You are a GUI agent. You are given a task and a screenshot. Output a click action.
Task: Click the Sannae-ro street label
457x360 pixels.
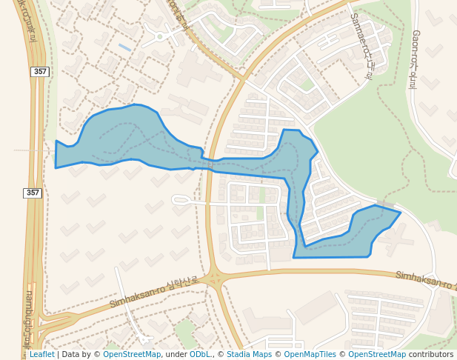pos(362,45)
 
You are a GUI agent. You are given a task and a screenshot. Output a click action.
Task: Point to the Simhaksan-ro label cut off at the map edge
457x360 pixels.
pos(425,279)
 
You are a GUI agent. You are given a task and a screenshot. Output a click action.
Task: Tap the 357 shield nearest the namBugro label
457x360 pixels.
pos(33,193)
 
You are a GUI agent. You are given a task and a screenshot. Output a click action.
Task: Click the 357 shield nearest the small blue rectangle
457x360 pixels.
pos(40,71)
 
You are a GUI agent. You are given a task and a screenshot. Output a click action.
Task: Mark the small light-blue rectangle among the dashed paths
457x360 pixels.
pos(125,47)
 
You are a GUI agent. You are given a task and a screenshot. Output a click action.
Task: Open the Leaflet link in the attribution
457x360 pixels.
pos(41,354)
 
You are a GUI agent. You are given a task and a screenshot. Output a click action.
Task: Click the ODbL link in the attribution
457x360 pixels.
pos(200,354)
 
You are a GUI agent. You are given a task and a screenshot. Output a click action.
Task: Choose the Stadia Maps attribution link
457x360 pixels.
pos(248,354)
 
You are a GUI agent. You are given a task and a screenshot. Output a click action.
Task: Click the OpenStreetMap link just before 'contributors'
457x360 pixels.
pos(377,354)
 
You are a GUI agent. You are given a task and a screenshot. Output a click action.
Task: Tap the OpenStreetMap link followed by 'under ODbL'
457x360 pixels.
pos(132,354)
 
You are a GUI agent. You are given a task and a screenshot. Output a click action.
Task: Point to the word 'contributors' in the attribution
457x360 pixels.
pos(430,354)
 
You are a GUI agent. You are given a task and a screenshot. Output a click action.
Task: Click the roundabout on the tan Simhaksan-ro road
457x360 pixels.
pos(215,280)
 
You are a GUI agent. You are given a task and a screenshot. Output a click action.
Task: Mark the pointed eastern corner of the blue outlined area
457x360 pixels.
pos(400,213)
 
